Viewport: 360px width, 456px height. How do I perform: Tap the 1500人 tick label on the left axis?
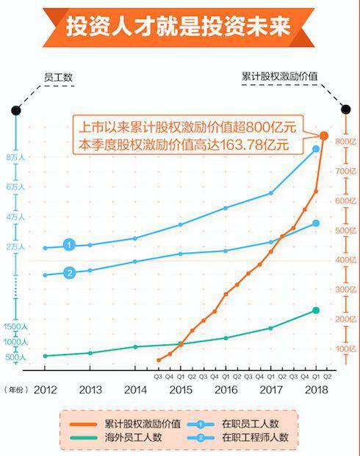pos(15,326)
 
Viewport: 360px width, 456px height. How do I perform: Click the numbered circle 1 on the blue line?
pos(68,245)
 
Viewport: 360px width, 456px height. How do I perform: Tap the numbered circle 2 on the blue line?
pos(68,273)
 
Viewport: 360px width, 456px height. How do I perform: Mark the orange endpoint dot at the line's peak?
pos(324,135)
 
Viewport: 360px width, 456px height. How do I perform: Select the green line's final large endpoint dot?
pos(316,311)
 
